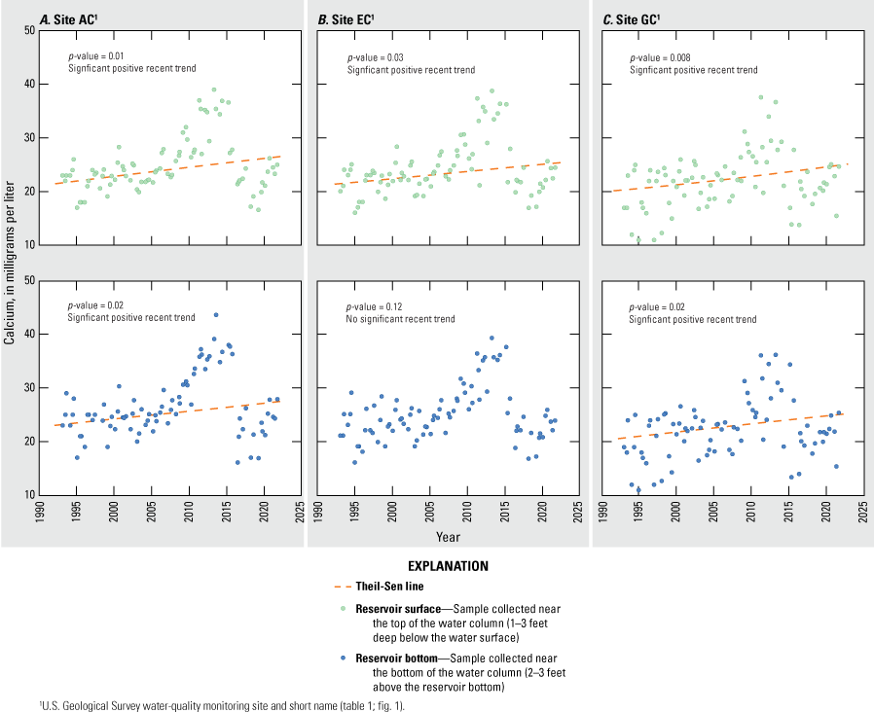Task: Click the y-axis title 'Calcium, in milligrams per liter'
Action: tap(9, 263)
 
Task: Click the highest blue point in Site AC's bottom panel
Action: tap(216, 315)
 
